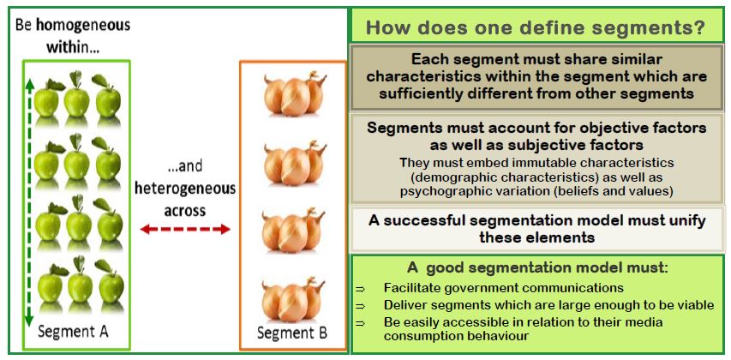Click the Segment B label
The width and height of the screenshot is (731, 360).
(x=294, y=332)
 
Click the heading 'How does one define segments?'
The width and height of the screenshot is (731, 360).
(x=536, y=27)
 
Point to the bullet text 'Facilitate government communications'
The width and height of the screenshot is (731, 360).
(x=503, y=288)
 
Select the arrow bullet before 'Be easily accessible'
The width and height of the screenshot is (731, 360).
(x=362, y=322)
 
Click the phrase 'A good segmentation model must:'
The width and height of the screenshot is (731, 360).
(x=537, y=267)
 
